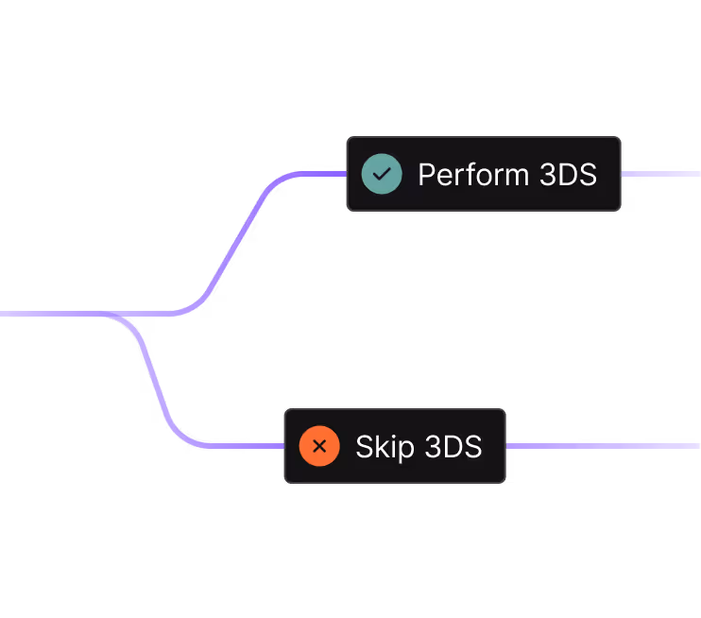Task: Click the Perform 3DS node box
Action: click(483, 174)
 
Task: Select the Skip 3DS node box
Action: click(395, 446)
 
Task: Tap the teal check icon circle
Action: click(382, 174)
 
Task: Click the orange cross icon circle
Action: click(319, 446)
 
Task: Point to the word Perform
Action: click(473, 175)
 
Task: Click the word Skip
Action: click(385, 447)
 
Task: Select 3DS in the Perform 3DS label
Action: click(569, 175)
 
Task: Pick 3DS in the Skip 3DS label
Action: click(453, 447)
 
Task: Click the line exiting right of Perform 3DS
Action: click(661, 174)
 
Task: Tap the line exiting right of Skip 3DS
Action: click(605, 446)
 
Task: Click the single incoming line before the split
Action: click(47, 313)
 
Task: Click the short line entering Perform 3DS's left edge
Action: click(321, 174)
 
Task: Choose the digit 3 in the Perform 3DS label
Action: click(549, 175)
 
